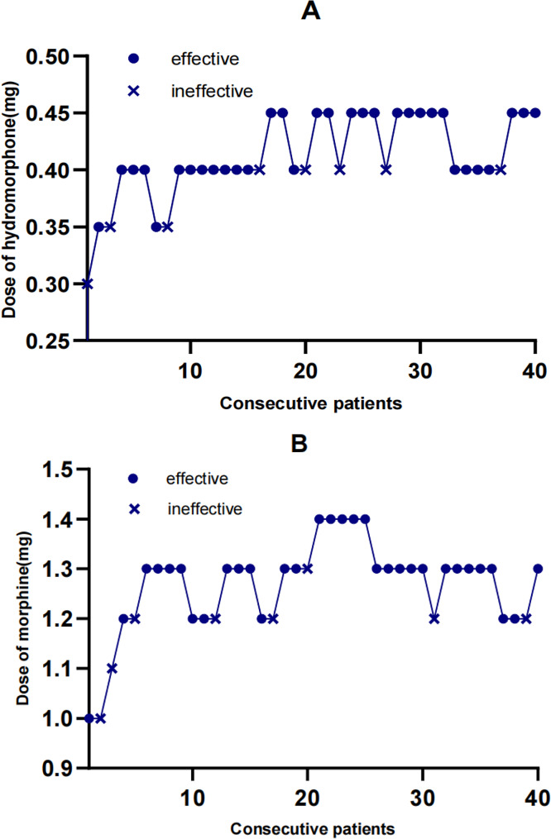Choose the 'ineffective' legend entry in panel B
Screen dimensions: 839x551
206,509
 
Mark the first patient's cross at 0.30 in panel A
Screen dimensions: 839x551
88,284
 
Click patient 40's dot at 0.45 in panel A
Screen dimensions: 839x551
535,113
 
